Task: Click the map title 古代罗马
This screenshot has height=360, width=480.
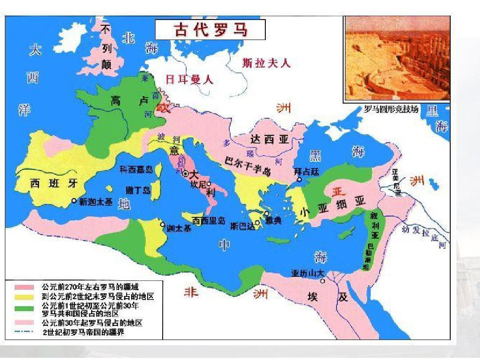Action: [210, 30]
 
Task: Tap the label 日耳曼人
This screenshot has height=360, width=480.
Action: [189, 80]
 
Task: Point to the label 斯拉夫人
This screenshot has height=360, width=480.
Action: [266, 63]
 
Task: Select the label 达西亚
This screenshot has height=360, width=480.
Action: [270, 140]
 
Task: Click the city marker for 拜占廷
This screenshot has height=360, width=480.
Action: [300, 180]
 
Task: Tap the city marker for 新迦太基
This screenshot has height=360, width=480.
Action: [74, 201]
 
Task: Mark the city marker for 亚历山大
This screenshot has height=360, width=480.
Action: [323, 281]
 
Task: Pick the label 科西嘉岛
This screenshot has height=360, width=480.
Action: [136, 169]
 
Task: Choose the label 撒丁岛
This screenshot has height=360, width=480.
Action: [138, 190]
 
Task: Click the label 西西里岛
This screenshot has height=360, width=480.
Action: [209, 220]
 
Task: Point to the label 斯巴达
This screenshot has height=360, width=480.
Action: [243, 226]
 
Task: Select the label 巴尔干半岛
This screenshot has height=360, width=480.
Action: [248, 166]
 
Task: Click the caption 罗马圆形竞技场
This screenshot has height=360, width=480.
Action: [391, 109]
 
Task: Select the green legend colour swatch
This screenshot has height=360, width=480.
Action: [24, 307]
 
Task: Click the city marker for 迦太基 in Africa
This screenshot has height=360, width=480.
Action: [163, 224]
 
